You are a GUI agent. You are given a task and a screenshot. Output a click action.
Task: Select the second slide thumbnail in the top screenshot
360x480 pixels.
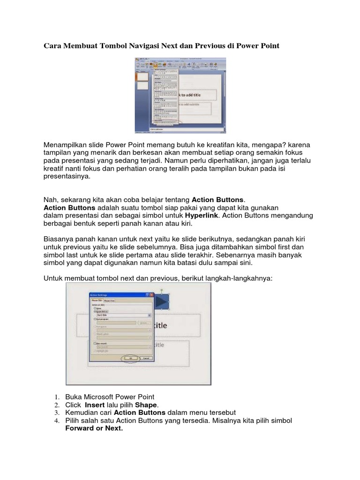[142, 86]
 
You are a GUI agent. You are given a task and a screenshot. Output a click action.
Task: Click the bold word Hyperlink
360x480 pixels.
[202, 216]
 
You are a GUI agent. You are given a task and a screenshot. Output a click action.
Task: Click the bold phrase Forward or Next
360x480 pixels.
[94, 428]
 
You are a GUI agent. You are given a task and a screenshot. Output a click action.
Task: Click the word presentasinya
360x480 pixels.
[66, 177]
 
